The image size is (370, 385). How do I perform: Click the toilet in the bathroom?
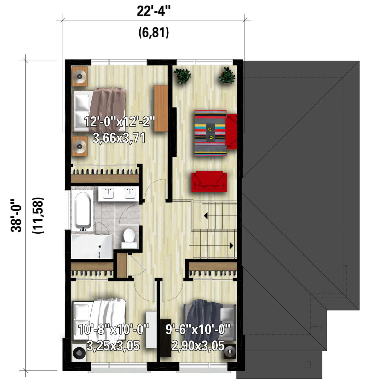(x=129, y=236)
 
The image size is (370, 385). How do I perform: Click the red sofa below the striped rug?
(x=209, y=182)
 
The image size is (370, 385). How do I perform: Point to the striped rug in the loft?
(x=211, y=133)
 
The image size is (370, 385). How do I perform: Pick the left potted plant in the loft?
(x=182, y=76)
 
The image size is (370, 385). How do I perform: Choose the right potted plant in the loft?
(x=227, y=76)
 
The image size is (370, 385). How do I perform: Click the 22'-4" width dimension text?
(x=154, y=12)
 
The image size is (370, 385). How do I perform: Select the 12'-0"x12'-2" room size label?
(x=119, y=121)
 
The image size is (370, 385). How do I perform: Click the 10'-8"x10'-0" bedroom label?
(x=113, y=329)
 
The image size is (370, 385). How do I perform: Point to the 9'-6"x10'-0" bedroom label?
(x=198, y=329)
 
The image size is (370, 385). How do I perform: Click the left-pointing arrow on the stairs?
(x=206, y=216)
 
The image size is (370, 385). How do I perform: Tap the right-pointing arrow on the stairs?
(x=231, y=245)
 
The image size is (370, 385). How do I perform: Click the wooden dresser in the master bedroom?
(x=161, y=108)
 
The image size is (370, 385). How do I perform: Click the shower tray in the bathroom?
(x=91, y=247)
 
